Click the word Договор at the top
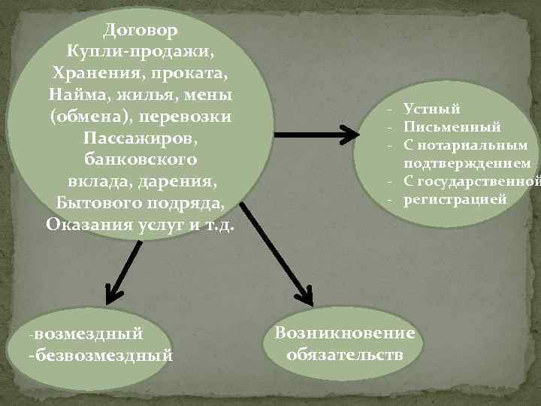pyautogui.click(x=141, y=32)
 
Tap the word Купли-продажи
pyautogui.click(x=141, y=53)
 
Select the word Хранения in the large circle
pyautogui.click(x=93, y=75)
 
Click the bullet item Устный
pyautogui.click(x=432, y=110)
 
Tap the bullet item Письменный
pyautogui.click(x=452, y=127)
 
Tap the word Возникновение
pyautogui.click(x=345, y=333)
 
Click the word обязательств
pyautogui.click(x=345, y=353)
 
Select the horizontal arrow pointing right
pyautogui.click(x=316, y=135)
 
